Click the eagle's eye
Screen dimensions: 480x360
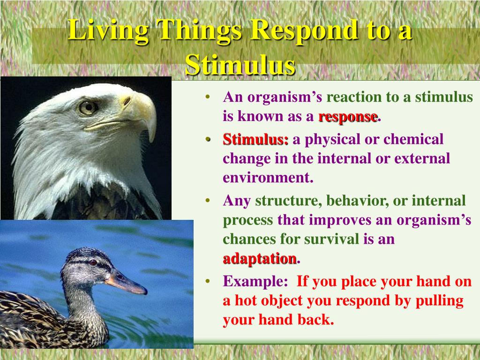pos(88,108)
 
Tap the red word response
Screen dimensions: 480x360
pos(348,117)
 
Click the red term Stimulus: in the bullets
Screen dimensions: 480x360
pos(255,140)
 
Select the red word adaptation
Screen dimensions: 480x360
pos(260,259)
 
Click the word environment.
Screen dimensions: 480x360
pos(268,178)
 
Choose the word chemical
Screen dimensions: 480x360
pos(413,139)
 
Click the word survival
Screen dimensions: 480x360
pos(331,239)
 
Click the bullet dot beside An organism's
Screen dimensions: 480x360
pos(208,97)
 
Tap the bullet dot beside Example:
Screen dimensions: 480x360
pos(208,281)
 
